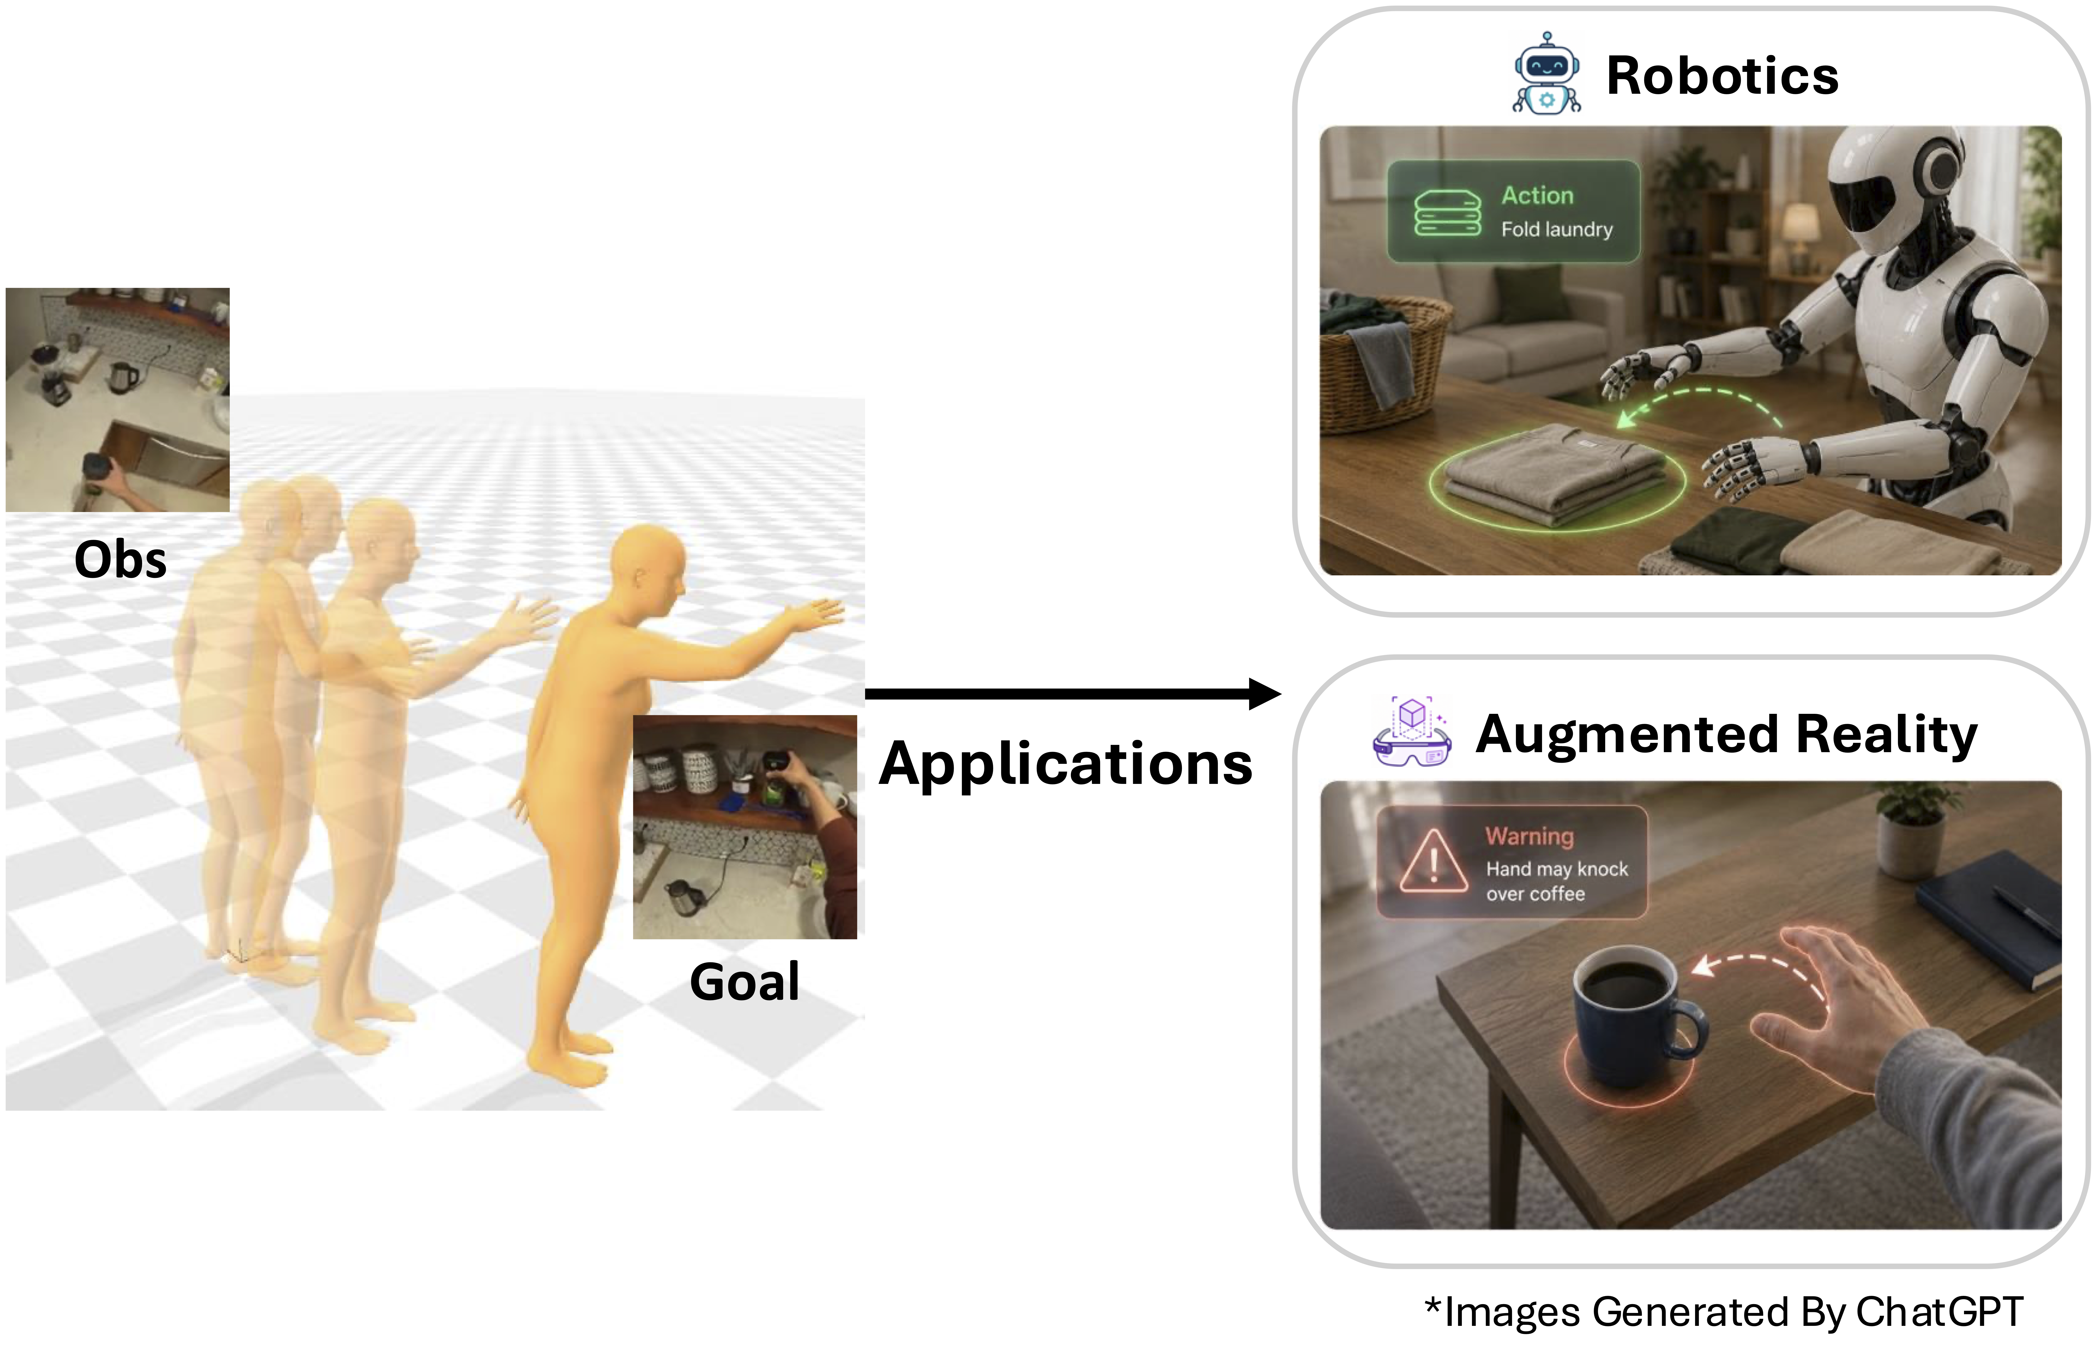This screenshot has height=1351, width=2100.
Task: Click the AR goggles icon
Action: [x=1411, y=733]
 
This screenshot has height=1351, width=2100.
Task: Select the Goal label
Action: [x=745, y=982]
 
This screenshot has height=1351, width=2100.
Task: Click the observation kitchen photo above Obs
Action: [x=118, y=400]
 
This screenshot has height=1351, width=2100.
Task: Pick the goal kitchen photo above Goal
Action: [x=745, y=827]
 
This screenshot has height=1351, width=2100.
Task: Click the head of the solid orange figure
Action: [x=648, y=569]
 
